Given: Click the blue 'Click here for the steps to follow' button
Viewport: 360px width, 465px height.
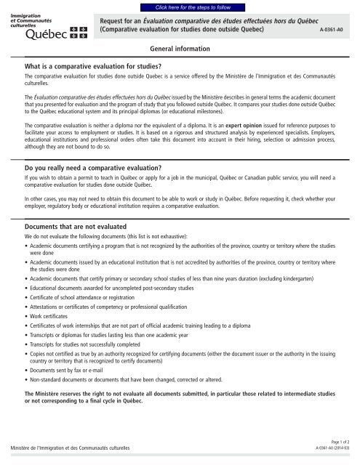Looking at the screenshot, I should [x=180, y=6].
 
